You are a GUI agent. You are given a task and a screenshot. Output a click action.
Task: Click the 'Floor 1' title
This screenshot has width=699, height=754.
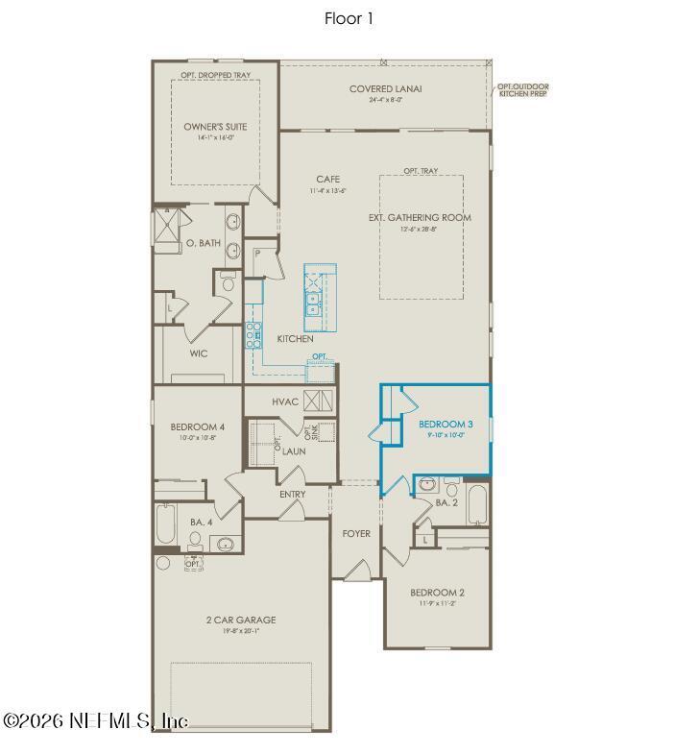pos(349,17)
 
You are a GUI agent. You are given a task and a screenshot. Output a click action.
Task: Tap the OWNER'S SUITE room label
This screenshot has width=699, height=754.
pos(215,126)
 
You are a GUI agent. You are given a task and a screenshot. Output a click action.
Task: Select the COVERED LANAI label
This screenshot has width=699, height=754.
pos(386,89)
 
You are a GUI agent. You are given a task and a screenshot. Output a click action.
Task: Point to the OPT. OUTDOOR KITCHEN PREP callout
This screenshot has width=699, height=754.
pos(523,91)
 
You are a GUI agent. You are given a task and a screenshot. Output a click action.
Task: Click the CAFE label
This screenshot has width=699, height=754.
pos(326,180)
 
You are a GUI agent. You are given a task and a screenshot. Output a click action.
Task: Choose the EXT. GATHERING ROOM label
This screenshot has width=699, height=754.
pos(420,217)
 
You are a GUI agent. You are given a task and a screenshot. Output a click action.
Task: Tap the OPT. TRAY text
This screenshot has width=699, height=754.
pos(421,171)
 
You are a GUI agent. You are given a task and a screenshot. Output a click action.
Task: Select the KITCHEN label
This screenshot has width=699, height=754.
pos(295,339)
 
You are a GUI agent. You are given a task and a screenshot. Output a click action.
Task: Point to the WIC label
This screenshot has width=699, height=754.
pos(198,353)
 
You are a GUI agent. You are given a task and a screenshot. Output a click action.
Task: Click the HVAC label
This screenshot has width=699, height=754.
pos(285,401)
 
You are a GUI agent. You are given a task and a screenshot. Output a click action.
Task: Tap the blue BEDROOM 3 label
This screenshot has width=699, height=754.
pos(445,424)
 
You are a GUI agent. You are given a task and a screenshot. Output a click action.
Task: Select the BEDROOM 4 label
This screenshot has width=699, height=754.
pos(197,426)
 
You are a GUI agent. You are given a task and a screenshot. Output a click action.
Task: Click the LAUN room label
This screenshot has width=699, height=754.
pos(294,450)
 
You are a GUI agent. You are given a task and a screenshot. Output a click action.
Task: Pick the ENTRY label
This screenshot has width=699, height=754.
pos(292,495)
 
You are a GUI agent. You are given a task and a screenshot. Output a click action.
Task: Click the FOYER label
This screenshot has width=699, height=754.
pos(356,533)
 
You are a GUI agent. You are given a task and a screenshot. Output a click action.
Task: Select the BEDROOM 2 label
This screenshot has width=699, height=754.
pos(437,593)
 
